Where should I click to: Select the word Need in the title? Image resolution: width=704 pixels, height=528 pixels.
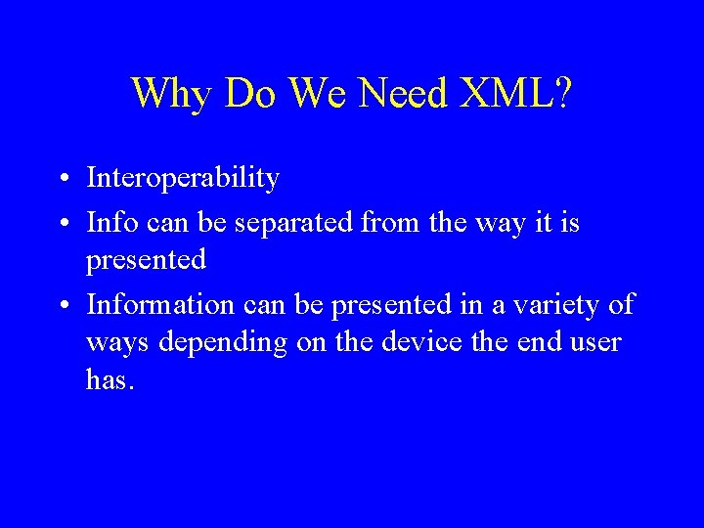tap(401, 94)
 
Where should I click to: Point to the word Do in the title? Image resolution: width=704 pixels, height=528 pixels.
tap(249, 94)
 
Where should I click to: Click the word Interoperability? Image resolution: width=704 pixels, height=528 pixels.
tap(183, 179)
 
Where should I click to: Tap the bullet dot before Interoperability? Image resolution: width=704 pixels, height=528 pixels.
tap(62, 180)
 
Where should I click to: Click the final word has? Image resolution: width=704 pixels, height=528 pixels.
tap(109, 379)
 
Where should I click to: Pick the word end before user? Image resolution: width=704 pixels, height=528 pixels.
tap(539, 342)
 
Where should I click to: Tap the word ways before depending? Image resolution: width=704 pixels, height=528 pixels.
tap(114, 343)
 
